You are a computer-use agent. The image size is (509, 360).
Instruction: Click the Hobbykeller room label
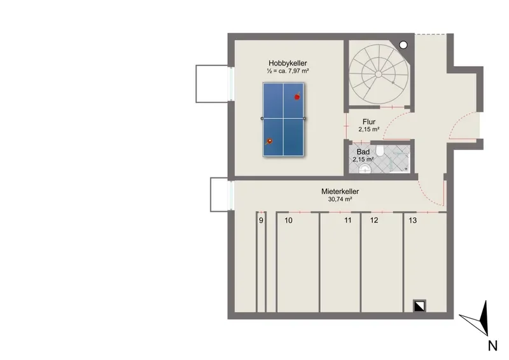point(288,64)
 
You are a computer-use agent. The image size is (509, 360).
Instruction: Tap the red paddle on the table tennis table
point(297,97)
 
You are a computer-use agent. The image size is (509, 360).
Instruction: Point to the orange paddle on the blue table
point(269,142)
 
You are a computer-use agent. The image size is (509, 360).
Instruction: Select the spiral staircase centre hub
point(379,74)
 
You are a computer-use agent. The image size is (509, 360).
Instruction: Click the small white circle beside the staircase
point(403,45)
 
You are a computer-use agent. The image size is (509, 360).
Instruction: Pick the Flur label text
point(369,121)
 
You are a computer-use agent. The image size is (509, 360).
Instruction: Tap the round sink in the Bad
point(365,169)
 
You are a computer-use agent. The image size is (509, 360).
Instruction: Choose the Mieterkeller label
point(340,191)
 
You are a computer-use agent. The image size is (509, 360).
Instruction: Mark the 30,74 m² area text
point(340,199)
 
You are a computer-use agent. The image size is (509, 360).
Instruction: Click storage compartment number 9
point(261,221)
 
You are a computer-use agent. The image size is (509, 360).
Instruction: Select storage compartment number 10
point(289,221)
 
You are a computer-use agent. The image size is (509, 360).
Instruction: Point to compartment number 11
point(348,221)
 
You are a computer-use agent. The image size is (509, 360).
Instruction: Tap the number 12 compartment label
point(374,221)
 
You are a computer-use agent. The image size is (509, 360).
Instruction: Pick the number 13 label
point(412,221)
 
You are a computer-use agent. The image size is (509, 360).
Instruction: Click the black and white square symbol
point(419,306)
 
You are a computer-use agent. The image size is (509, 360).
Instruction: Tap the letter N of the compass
point(492,346)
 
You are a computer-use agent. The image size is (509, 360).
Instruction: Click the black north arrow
point(484,317)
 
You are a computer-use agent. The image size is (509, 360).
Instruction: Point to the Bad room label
point(363,152)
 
